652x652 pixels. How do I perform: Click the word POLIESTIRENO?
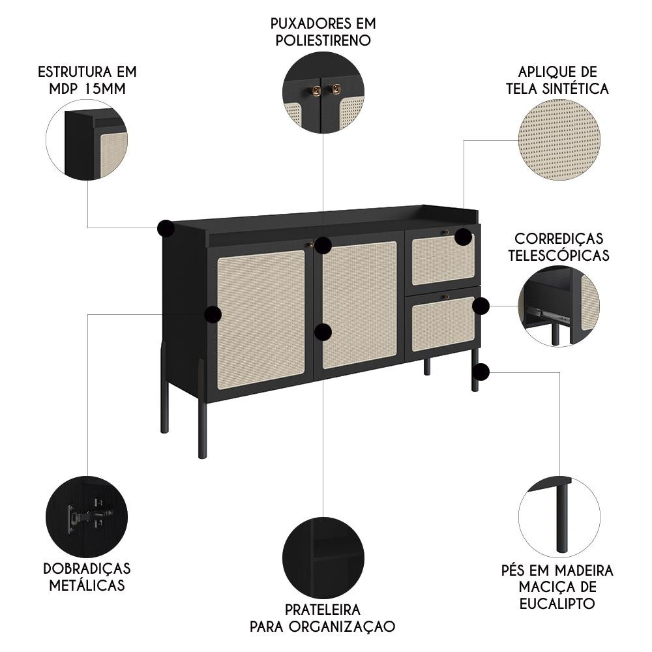tap(323, 40)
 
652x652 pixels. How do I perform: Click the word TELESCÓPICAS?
tap(559, 255)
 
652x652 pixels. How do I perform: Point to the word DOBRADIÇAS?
tap(87, 569)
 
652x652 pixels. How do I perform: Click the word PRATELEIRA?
tap(323, 610)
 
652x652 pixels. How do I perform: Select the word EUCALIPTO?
tap(557, 603)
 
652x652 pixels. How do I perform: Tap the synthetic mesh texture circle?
tap(559, 140)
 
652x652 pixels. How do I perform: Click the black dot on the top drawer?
tap(463, 237)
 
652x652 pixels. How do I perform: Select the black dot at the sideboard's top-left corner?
tap(166, 228)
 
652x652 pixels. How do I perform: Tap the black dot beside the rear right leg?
tap(481, 372)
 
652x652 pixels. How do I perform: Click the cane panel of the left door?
tap(261, 319)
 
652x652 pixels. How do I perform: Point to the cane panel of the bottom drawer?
tap(443, 324)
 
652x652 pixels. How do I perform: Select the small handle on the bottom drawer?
tap(447, 297)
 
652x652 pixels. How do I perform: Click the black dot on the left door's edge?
tap(213, 314)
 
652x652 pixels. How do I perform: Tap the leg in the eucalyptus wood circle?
tap(562, 517)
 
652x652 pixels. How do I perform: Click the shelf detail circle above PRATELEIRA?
tap(323, 558)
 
